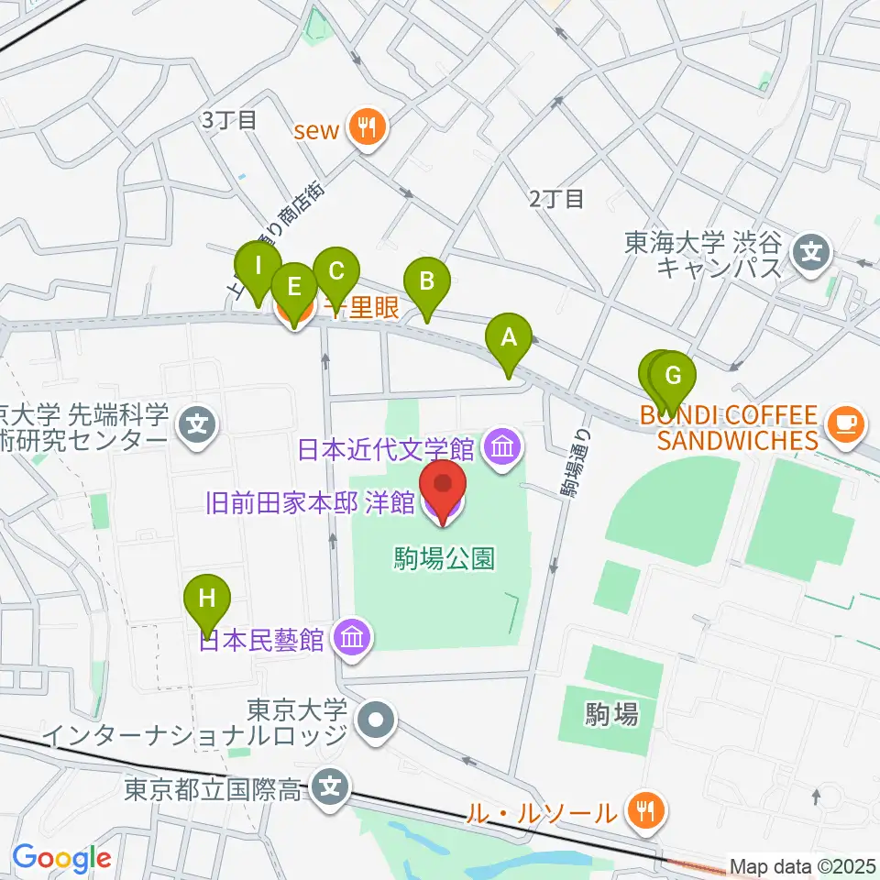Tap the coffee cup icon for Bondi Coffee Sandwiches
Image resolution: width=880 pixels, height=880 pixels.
point(842,423)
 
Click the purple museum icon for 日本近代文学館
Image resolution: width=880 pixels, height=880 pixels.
point(503,448)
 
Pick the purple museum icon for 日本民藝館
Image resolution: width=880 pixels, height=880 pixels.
point(353,638)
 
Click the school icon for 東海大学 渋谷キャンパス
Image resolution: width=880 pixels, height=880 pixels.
point(812,248)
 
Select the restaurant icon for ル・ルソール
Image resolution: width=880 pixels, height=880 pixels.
point(645,811)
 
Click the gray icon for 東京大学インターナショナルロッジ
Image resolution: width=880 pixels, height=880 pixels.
point(377,721)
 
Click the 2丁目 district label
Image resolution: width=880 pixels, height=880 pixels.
point(556,198)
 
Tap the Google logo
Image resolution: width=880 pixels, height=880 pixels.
point(61,859)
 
